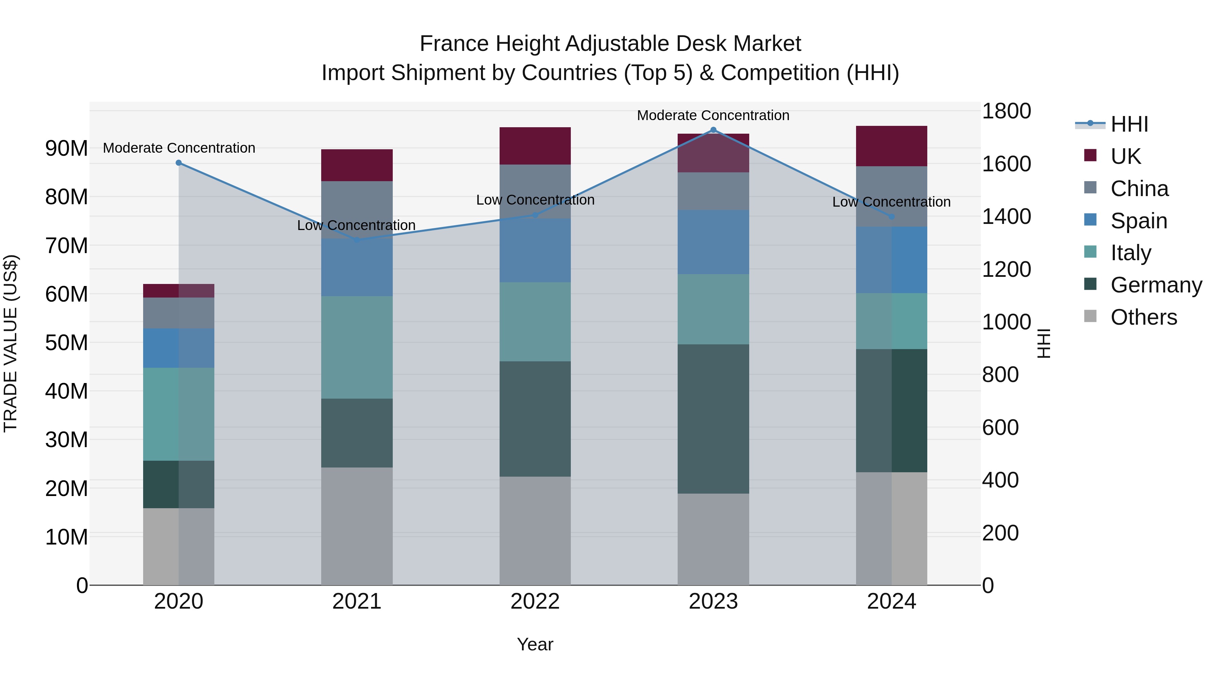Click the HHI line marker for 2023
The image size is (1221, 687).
pos(713,130)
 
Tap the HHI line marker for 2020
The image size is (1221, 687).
pos(179,163)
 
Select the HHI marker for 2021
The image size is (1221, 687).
pos(357,240)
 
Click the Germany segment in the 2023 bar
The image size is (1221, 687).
pos(713,419)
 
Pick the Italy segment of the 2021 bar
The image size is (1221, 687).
pos(357,347)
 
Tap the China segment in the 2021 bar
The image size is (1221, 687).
pos(357,210)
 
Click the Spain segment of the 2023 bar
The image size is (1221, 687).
pos(713,242)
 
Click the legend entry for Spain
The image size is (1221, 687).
pos(1139,221)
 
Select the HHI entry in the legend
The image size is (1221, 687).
pos(1129,124)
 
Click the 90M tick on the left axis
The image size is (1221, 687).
pos(66,148)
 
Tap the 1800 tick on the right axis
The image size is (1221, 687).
pos(1006,111)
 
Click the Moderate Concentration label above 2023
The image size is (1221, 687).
pos(713,115)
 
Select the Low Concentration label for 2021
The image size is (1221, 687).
pos(356,225)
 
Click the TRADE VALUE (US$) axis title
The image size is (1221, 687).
pos(11,343)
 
